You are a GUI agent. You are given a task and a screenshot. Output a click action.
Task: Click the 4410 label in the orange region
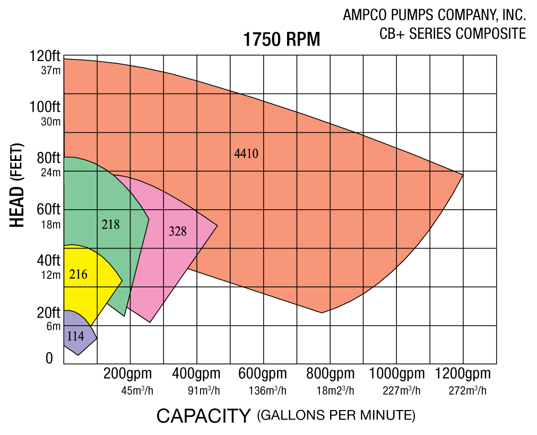246,154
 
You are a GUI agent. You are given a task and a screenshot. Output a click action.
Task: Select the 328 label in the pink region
178,231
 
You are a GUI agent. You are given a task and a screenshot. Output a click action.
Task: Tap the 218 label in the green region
110,225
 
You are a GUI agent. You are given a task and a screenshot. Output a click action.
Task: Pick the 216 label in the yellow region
78,275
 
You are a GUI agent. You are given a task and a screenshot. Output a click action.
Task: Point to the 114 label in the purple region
75,336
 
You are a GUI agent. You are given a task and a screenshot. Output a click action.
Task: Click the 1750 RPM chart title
282,40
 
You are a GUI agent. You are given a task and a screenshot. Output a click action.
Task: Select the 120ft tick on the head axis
45,56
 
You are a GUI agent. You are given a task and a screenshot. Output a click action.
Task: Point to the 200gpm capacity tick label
127,373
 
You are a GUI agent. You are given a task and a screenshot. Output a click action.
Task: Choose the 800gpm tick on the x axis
330,373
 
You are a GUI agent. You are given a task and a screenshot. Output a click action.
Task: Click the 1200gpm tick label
463,373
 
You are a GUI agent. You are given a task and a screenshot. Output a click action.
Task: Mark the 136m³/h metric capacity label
267,391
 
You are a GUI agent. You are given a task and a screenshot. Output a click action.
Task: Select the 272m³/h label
467,391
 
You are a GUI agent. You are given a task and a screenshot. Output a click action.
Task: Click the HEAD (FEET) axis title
18,185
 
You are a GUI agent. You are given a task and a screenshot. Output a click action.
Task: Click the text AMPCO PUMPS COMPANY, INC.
434,15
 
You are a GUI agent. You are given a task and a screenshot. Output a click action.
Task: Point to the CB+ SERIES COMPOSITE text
453,33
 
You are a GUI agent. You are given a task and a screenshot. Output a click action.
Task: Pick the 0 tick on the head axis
49,359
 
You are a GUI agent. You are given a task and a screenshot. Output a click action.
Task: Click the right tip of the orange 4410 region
462,174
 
